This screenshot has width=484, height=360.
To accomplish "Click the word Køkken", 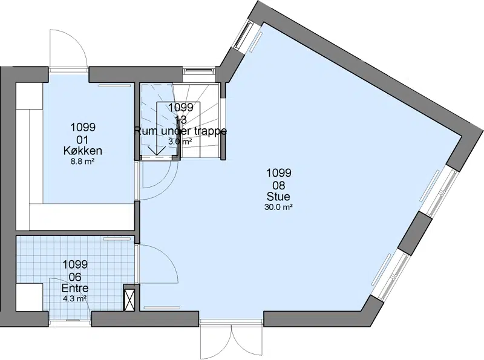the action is coord(83,151).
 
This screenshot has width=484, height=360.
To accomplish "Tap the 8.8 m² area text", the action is coord(82,161).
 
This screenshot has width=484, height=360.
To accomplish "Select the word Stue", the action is coord(278,197).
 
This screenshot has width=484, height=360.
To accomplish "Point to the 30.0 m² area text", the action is coord(278,207).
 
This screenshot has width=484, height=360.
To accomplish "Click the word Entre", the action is coord(75,288).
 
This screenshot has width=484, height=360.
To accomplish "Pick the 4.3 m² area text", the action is coord(74,298).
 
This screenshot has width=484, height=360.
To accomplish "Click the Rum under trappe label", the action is coord(180,131).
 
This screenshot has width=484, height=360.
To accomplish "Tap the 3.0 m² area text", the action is coord(180,142).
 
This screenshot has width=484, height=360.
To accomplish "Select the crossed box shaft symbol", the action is coord(129,297).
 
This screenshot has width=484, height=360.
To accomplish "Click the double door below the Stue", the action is coord(232,339).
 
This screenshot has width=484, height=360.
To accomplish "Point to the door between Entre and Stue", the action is coord(157,263).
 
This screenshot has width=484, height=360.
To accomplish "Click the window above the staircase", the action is coord(198,71).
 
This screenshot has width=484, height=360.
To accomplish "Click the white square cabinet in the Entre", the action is coord(29,297).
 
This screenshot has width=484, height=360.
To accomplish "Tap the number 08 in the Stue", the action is coord(278,185).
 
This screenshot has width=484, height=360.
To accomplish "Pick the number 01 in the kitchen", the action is coord(82,140).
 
